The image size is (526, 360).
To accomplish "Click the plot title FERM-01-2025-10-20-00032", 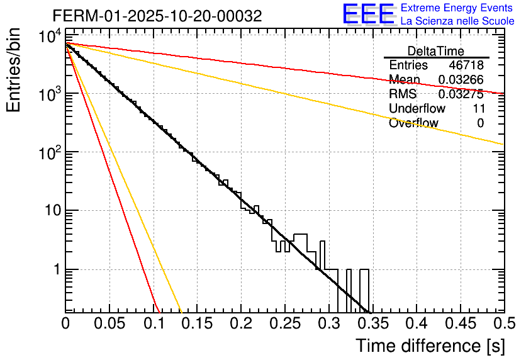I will [157, 16].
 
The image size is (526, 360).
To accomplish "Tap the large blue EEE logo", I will [368, 15].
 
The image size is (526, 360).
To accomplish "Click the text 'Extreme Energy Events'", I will [457, 8].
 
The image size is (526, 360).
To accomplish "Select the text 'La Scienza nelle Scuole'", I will [457, 21].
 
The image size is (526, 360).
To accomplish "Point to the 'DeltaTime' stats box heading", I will [436, 51].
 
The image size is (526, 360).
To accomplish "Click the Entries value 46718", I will [466, 65].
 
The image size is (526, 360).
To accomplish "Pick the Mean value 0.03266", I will [461, 80].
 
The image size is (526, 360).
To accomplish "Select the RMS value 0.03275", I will [461, 94].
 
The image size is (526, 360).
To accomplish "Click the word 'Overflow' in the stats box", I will [413, 123].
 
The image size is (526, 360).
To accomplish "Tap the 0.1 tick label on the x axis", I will [153, 323].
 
